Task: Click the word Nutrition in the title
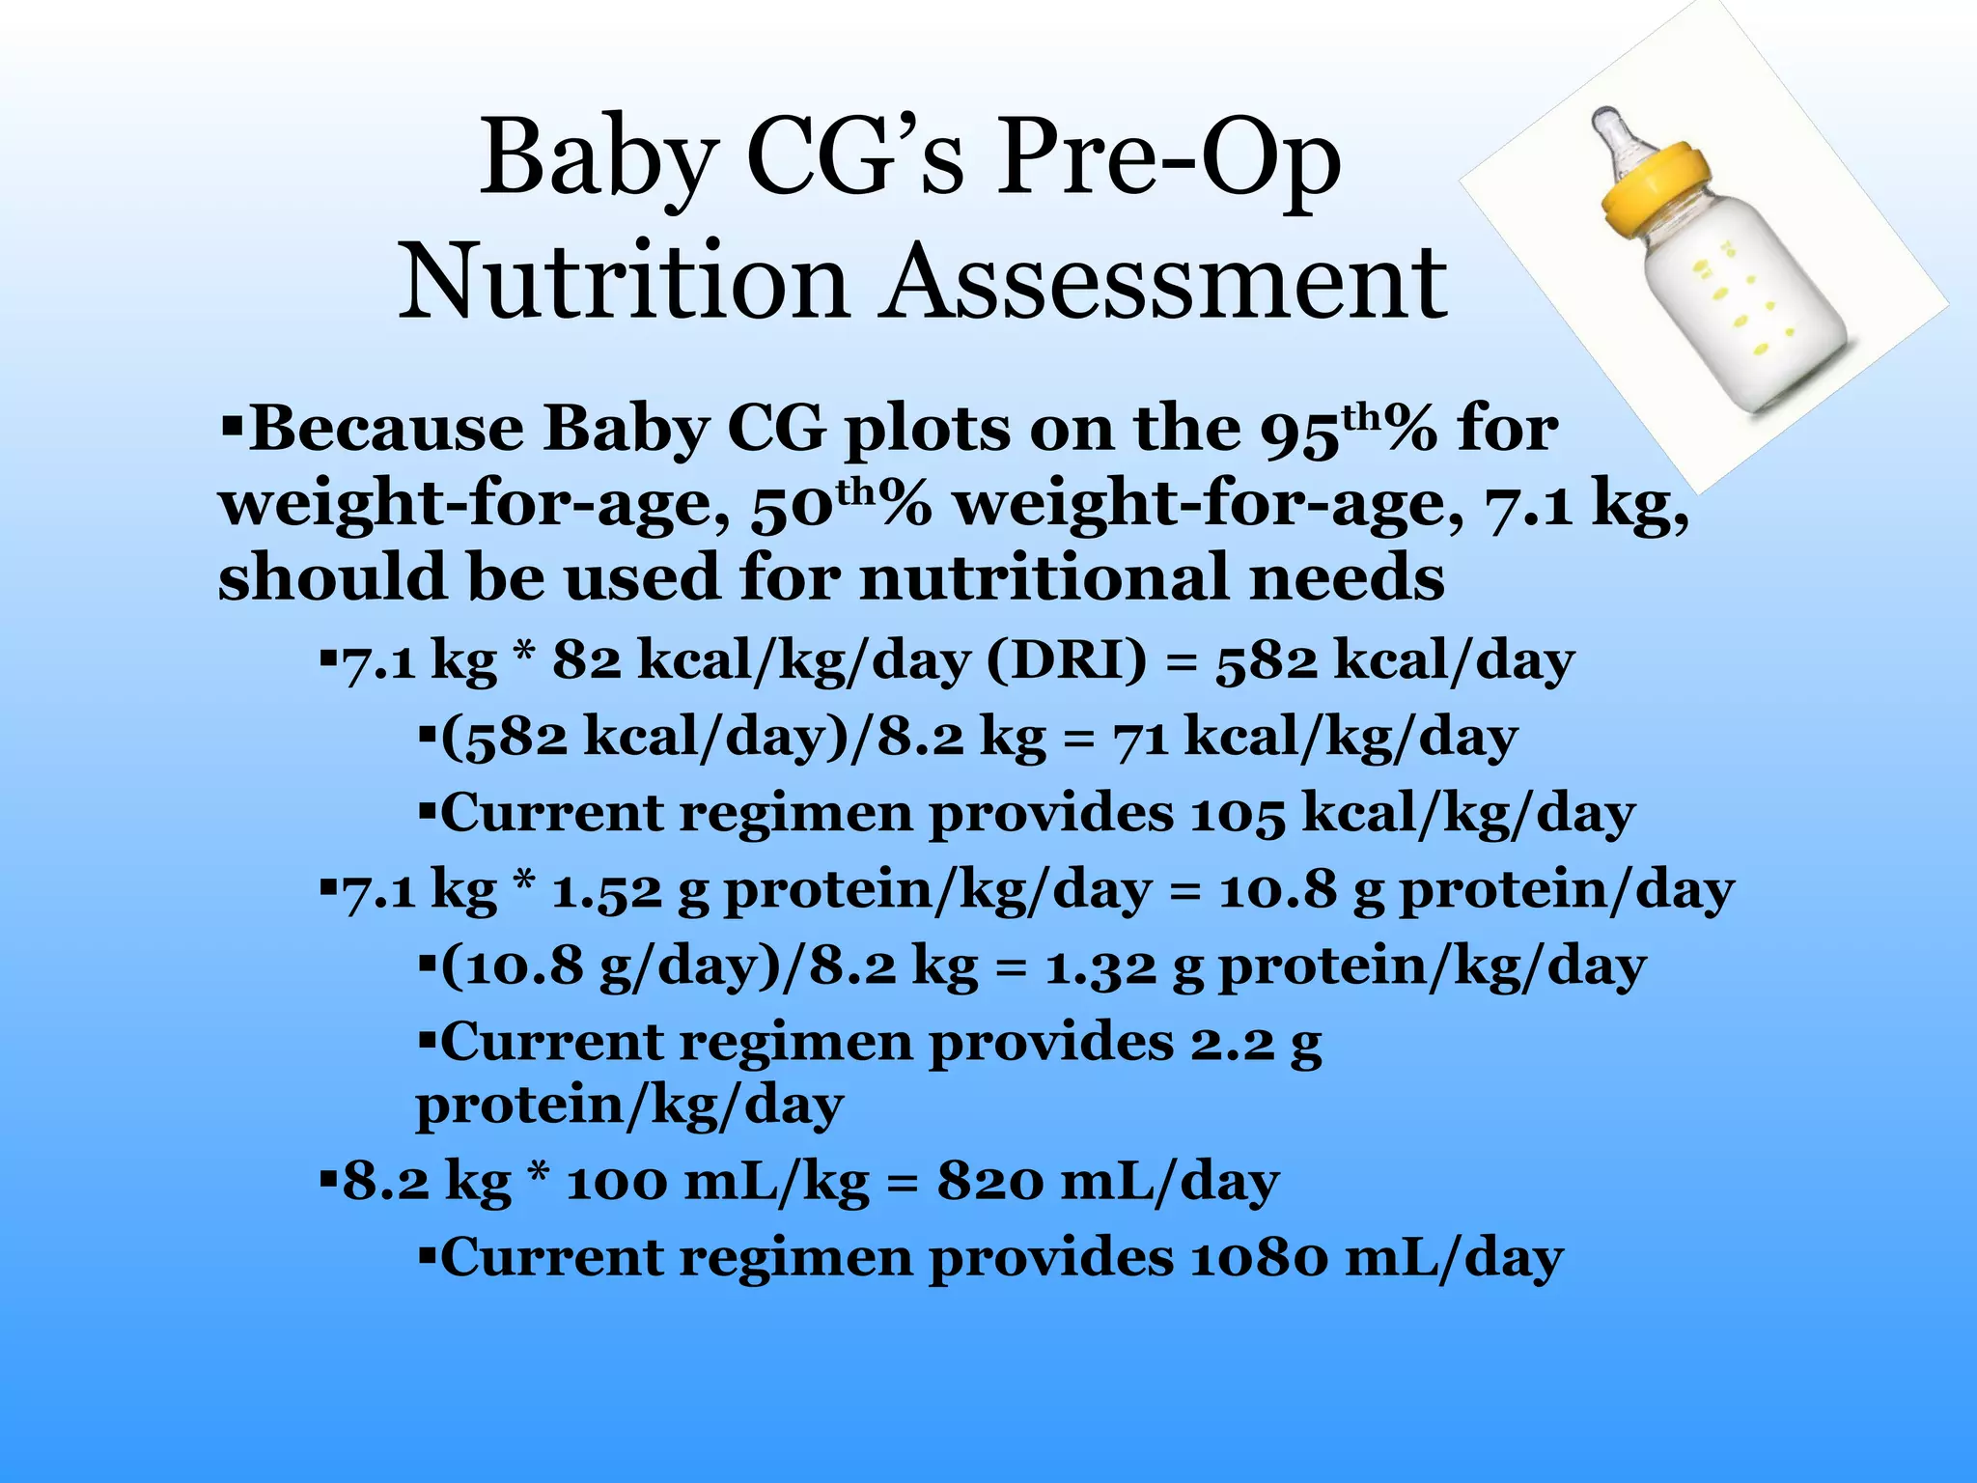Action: click(x=623, y=282)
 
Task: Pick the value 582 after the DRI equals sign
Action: click(x=1266, y=662)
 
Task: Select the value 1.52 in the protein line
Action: click(x=606, y=890)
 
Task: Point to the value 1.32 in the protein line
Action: click(x=1100, y=966)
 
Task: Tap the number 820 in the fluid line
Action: click(x=988, y=1182)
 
